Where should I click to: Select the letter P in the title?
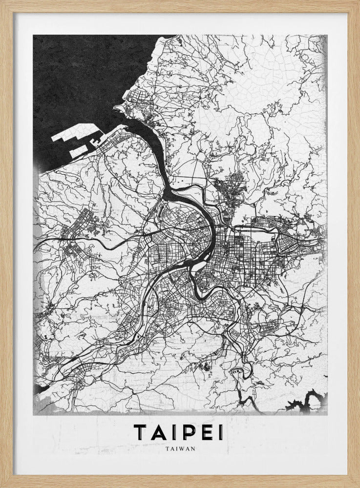pyautogui.click(x=187, y=432)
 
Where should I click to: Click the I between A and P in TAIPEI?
pyautogui.click(x=172, y=432)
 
